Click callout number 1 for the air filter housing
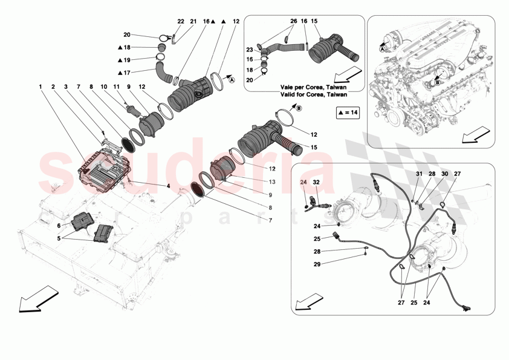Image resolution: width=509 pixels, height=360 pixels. click(x=41, y=87)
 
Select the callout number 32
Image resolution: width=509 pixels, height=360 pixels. click(x=316, y=182)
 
